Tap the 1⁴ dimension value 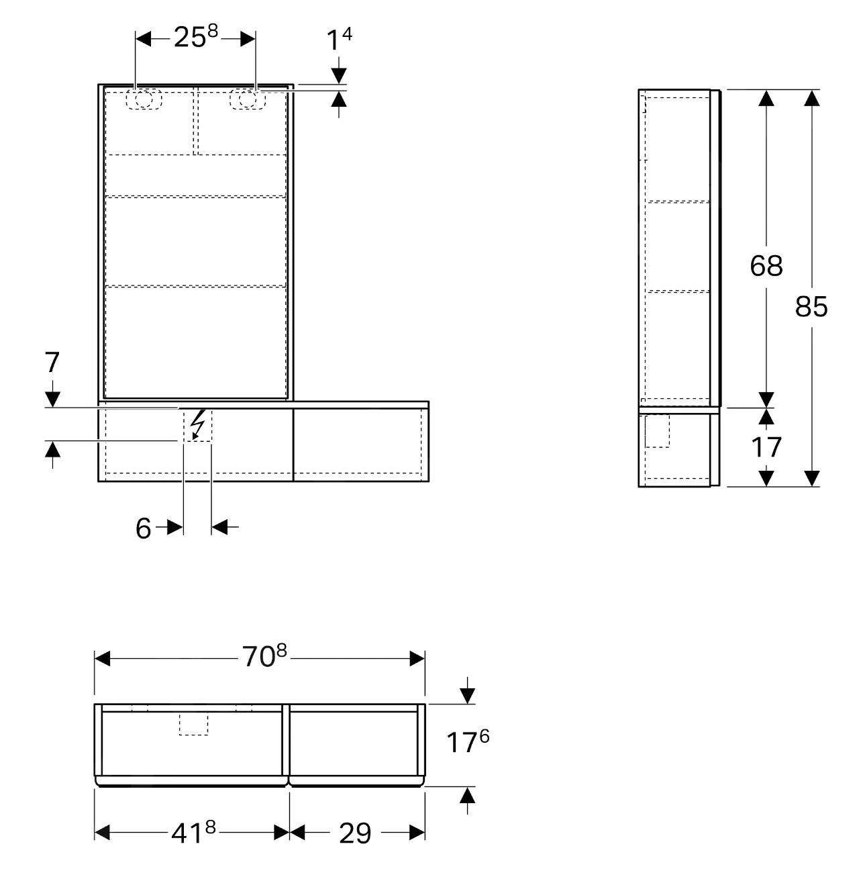point(340,39)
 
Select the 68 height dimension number point(766,266)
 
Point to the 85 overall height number point(811,307)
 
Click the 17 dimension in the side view point(766,447)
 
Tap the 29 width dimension point(355,833)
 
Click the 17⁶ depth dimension point(468,741)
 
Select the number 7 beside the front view point(52,363)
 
